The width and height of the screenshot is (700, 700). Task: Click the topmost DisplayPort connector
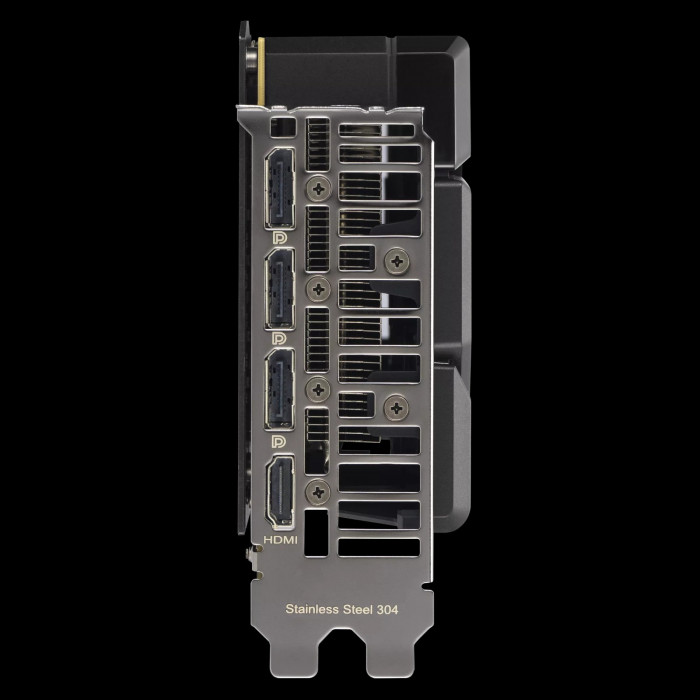(280, 188)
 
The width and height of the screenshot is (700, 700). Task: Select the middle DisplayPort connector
(280, 289)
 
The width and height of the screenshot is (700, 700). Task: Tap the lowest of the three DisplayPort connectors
(280, 389)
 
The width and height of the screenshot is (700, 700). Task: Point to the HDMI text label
(280, 540)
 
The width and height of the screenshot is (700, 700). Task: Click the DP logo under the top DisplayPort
(279, 238)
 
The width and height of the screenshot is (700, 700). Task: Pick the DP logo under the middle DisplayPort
(279, 339)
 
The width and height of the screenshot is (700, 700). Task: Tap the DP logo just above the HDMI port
(279, 442)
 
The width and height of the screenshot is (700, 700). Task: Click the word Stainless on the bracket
(312, 609)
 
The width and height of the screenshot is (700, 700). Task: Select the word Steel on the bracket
(358, 609)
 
